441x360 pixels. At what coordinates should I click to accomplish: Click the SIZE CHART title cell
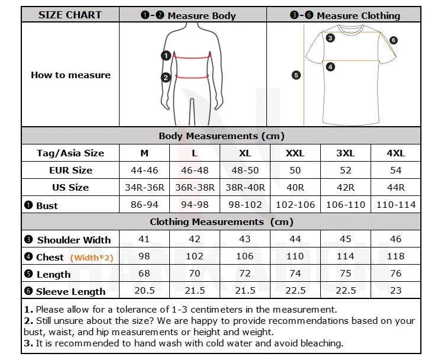[x=70, y=15]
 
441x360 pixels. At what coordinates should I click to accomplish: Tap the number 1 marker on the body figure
[x=166, y=56]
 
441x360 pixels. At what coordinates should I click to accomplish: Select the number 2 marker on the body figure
[x=166, y=77]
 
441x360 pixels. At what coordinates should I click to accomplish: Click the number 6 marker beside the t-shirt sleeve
[x=394, y=40]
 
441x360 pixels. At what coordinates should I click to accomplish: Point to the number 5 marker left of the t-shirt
[x=297, y=75]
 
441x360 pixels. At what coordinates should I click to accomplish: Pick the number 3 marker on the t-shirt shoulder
[x=330, y=38]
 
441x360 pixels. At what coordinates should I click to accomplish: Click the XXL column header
[x=295, y=153]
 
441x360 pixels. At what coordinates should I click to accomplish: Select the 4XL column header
[x=395, y=153]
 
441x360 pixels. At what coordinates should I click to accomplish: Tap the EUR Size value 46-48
[x=195, y=170]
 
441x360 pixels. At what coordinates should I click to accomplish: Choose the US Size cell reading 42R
[x=345, y=187]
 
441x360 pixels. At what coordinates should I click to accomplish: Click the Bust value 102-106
[x=295, y=205]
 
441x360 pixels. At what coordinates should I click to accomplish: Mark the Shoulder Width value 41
[x=144, y=239]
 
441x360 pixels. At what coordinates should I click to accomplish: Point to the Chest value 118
[x=395, y=256]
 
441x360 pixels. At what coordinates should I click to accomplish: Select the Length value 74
[x=295, y=274]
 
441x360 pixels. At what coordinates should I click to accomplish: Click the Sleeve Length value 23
[x=395, y=291]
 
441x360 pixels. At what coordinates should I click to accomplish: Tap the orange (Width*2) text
[x=91, y=258]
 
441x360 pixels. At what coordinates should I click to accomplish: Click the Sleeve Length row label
[x=70, y=291]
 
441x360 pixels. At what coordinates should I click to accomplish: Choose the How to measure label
[x=70, y=75]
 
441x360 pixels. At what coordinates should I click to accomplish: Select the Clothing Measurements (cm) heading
[x=221, y=222]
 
